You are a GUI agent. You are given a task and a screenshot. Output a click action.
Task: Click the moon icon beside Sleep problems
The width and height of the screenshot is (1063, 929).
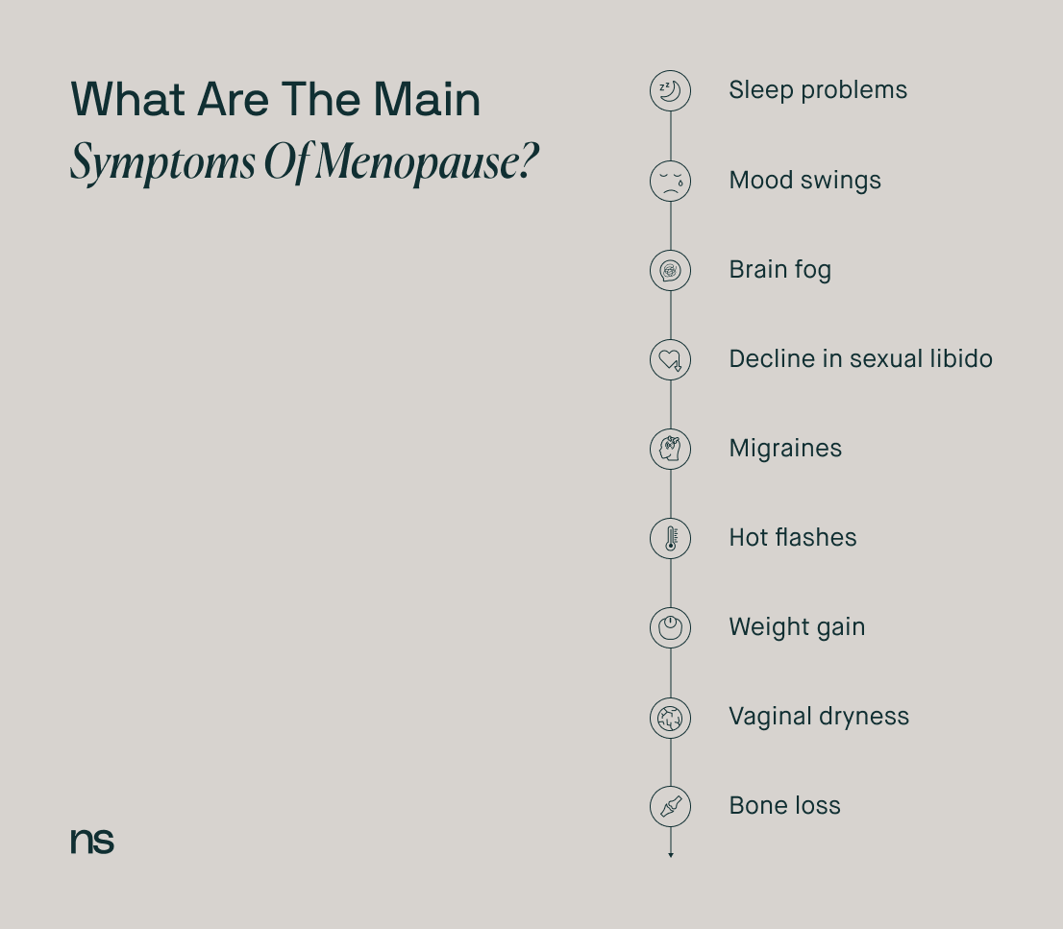(x=671, y=91)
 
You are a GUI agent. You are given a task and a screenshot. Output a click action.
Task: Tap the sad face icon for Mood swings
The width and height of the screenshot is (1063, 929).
(x=671, y=181)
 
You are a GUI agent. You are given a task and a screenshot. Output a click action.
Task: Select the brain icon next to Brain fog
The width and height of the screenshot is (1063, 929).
(x=671, y=270)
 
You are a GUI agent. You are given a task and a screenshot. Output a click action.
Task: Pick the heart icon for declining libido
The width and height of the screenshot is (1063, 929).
(x=671, y=360)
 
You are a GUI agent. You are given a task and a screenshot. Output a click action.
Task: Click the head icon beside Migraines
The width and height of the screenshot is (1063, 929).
(x=671, y=450)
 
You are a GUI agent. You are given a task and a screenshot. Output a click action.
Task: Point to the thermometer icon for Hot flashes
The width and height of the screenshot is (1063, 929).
(x=671, y=539)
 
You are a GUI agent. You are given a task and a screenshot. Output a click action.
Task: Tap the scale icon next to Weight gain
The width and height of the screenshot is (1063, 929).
(x=671, y=628)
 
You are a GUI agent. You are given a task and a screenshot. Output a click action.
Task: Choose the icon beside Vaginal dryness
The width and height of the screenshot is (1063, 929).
(x=671, y=718)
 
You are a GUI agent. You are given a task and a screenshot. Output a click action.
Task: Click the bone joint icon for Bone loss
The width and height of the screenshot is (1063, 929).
(x=671, y=806)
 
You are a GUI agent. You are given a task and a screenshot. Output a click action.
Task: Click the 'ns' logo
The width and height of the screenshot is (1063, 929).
(x=92, y=841)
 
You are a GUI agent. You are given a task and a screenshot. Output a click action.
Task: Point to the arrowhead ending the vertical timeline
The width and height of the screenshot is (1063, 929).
(x=671, y=856)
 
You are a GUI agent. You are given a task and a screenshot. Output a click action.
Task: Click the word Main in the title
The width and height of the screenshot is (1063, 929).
(x=427, y=100)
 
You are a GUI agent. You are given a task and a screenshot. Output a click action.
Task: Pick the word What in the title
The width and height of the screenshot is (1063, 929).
(x=128, y=100)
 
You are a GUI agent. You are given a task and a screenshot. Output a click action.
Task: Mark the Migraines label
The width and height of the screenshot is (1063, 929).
(x=785, y=448)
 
